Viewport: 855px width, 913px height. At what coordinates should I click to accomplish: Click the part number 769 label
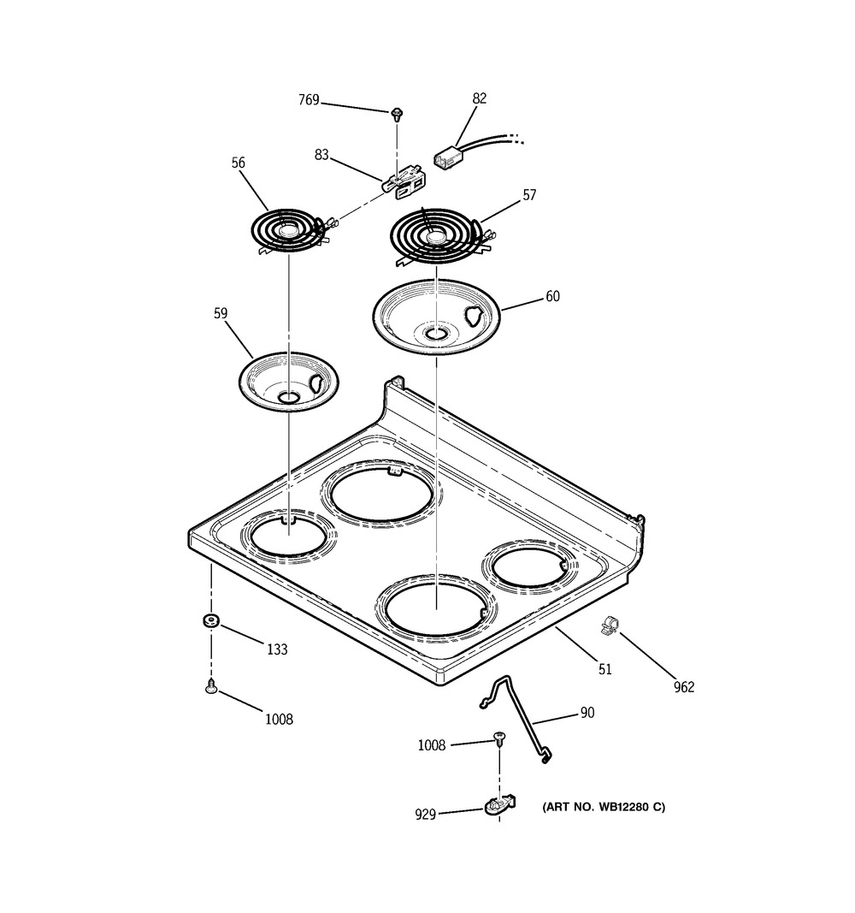(309, 100)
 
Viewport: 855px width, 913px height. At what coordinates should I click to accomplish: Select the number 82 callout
(479, 98)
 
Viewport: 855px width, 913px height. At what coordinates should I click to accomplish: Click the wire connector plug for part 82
(445, 158)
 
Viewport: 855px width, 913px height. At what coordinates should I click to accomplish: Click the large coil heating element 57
(434, 231)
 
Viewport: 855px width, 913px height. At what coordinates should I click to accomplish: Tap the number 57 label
(529, 195)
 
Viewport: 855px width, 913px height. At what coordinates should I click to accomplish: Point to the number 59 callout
(221, 314)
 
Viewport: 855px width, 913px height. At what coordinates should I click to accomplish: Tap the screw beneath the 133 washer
(210, 686)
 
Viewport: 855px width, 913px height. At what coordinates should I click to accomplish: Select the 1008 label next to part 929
(432, 745)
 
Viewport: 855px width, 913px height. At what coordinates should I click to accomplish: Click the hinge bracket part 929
(500, 805)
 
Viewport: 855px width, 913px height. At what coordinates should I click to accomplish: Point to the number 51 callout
(604, 669)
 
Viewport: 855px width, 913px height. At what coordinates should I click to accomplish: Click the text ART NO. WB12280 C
(603, 807)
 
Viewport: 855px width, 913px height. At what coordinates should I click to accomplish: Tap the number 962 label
(683, 686)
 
